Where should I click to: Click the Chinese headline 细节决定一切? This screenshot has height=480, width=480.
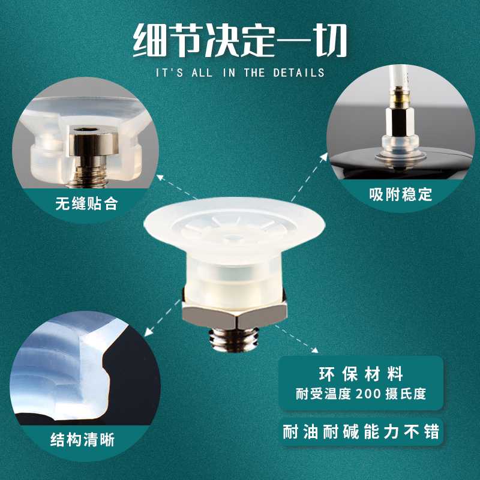click(240, 40)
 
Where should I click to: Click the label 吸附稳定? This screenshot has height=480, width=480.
click(401, 194)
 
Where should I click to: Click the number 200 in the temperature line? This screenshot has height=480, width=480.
click(368, 394)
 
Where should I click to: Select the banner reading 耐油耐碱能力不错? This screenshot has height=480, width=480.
click(361, 431)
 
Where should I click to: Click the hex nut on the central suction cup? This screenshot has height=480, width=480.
click(234, 313)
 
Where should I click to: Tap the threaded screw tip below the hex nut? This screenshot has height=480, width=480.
click(235, 338)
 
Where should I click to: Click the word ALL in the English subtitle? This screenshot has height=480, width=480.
click(199, 73)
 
